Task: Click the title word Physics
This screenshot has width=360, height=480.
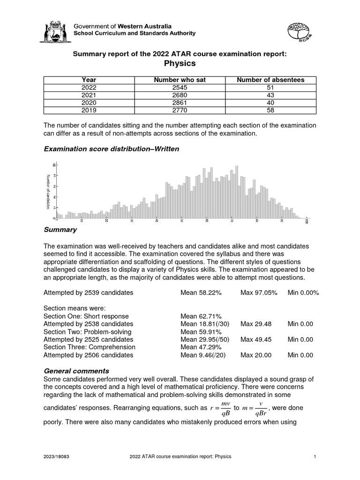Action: pyautogui.click(x=180, y=63)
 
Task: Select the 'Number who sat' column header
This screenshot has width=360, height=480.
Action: pyautogui.click(x=180, y=80)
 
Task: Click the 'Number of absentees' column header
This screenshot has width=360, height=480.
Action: pyautogui.click(x=270, y=80)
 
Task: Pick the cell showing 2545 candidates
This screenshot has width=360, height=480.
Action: pyautogui.click(x=180, y=87)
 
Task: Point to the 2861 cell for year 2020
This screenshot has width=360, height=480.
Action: pyautogui.click(x=180, y=103)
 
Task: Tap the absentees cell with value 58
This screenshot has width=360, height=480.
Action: pyautogui.click(x=270, y=110)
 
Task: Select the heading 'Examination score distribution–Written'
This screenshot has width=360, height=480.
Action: pyautogui.click(x=111, y=149)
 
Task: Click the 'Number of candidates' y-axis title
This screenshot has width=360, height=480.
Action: pyautogui.click(x=48, y=192)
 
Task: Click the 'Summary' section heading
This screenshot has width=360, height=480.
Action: pyautogui.click(x=60, y=230)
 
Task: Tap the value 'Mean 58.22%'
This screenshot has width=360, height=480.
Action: pyautogui.click(x=201, y=292)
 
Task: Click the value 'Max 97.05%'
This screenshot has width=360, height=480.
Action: pyautogui.click(x=259, y=292)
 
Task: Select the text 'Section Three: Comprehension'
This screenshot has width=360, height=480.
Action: pyautogui.click(x=89, y=347)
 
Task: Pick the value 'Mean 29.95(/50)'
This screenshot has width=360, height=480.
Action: pyautogui.click(x=203, y=339)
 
